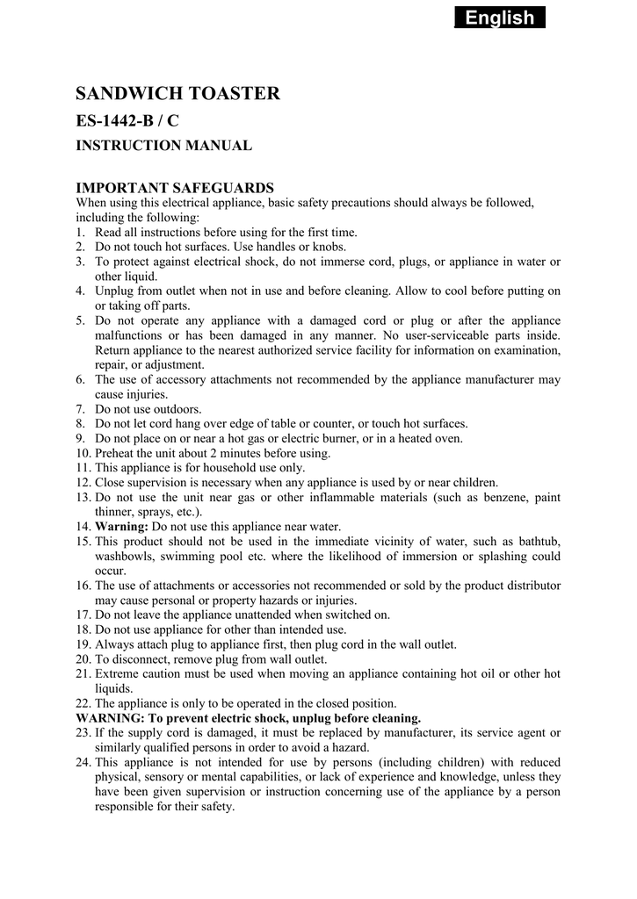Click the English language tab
(x=499, y=18)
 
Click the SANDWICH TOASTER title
(x=177, y=93)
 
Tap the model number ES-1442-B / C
(x=127, y=121)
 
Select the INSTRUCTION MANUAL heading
(x=164, y=146)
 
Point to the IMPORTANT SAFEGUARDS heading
(x=176, y=187)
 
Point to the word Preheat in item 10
(x=115, y=453)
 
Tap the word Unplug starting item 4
(x=115, y=291)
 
